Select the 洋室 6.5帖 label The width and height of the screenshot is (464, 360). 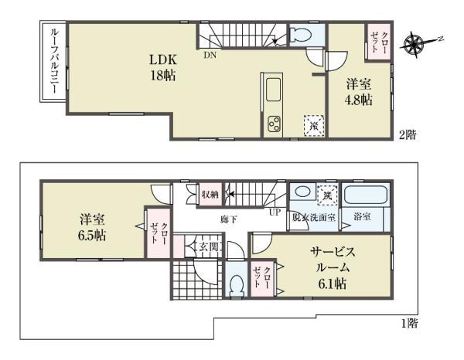coord(90,226)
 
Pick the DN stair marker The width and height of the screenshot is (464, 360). coord(210,56)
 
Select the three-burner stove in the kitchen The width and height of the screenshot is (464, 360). coord(275,124)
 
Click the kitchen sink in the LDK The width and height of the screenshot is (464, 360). coord(275,91)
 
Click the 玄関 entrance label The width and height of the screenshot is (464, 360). coord(208,247)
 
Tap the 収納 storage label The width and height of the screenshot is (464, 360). coord(209,193)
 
